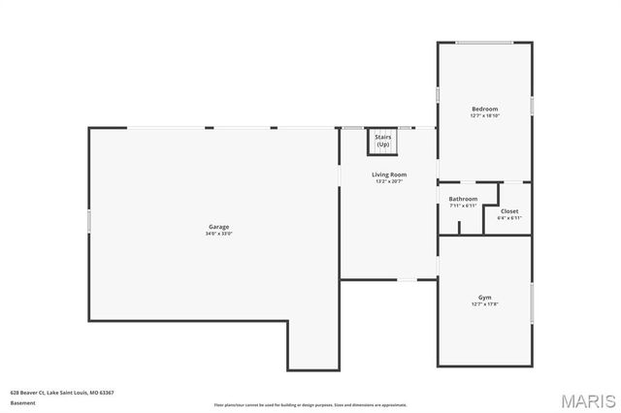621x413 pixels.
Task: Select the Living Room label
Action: [x=388, y=175]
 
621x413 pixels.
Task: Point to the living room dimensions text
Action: [x=388, y=181]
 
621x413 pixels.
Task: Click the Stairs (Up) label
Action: [x=383, y=141]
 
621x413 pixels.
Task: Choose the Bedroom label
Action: [x=484, y=109]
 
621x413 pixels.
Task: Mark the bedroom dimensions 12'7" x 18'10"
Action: [x=484, y=115]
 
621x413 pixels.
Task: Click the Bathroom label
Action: [x=463, y=199]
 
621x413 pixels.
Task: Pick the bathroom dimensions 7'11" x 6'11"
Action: [x=463, y=206]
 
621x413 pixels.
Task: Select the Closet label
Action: [x=509, y=211]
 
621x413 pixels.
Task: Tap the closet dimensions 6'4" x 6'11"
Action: [x=509, y=218]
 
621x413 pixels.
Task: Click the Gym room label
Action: [x=484, y=298]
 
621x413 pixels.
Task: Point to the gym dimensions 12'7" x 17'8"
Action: [x=484, y=304]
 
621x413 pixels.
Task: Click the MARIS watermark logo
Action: [x=585, y=399]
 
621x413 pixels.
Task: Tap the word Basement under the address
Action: [x=22, y=402]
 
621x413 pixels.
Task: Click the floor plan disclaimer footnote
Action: [x=310, y=404]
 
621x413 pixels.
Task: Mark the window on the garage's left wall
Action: [x=89, y=222]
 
